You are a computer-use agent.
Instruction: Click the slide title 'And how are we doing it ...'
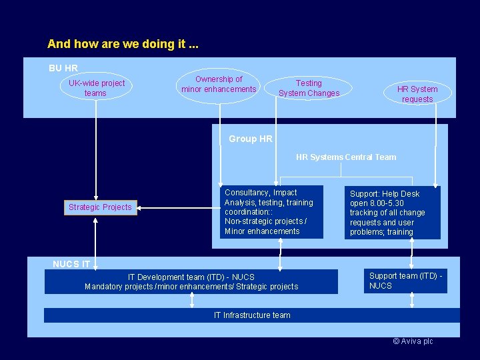coord(123,45)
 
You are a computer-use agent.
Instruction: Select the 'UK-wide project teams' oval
coord(97,88)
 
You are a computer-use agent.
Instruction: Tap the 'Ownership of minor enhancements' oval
coord(219,85)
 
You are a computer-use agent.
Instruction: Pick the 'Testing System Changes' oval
coord(309,89)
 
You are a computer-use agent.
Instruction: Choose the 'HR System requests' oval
coord(417,94)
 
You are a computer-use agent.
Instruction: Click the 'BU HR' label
coord(63,68)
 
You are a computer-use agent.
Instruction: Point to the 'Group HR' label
coord(250,139)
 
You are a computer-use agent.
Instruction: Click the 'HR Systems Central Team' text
coord(346,157)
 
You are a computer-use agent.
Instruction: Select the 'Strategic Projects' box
coord(100,207)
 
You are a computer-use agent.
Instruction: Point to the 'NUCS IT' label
coord(71,264)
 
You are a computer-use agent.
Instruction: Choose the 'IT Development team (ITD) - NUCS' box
coord(191,281)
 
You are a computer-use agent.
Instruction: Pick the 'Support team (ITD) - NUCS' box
coord(406,281)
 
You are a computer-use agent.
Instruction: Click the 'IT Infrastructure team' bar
coord(252,315)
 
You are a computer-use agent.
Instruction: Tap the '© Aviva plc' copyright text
coord(413,341)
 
